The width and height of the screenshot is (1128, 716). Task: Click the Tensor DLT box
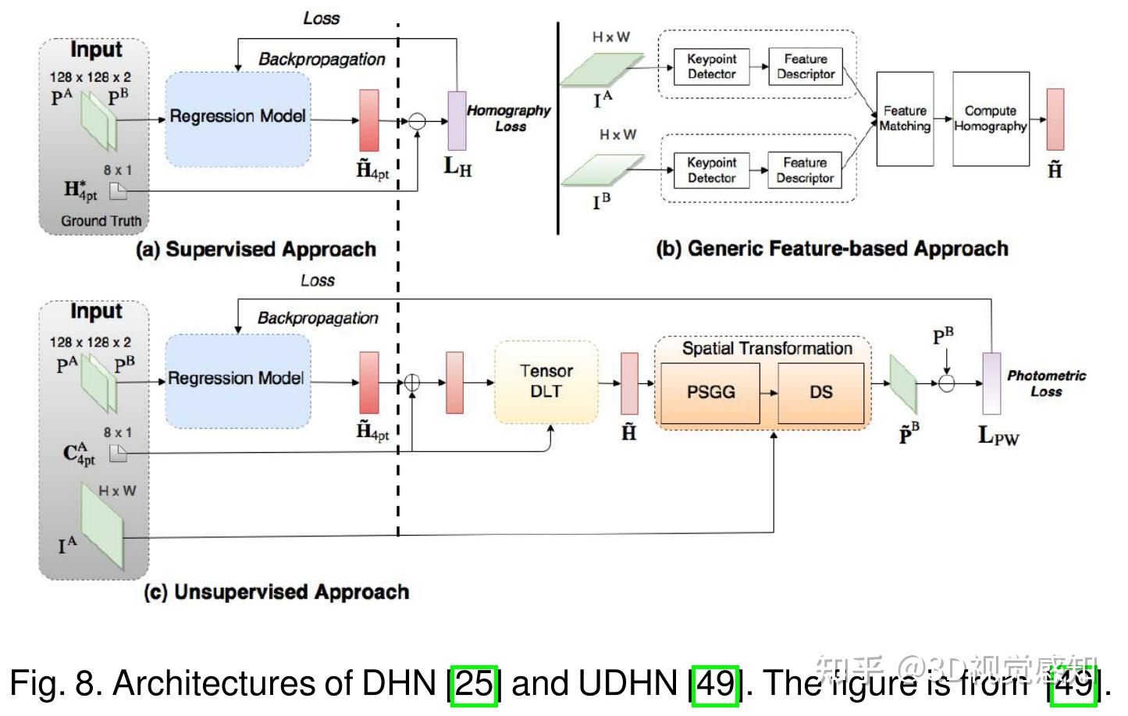pyautogui.click(x=546, y=382)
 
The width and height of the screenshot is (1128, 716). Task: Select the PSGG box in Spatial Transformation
pyautogui.click(x=710, y=392)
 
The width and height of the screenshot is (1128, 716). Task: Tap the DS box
pyautogui.click(x=820, y=392)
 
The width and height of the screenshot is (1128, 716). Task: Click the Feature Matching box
pyautogui.click(x=905, y=119)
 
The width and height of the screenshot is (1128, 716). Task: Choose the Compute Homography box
pyautogui.click(x=990, y=119)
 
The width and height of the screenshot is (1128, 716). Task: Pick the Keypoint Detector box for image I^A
pyautogui.click(x=711, y=66)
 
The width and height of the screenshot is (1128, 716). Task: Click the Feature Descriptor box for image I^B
pyautogui.click(x=805, y=170)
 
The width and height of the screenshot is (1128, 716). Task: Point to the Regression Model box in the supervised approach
pyautogui.click(x=238, y=117)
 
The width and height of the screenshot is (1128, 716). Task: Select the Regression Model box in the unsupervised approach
pyautogui.click(x=237, y=379)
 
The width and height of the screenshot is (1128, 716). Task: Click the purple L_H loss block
pyautogui.click(x=457, y=120)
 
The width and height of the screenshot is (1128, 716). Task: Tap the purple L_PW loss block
pyautogui.click(x=991, y=383)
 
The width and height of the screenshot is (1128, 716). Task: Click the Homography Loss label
pyautogui.click(x=509, y=118)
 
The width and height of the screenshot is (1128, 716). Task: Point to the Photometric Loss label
pyautogui.click(x=1046, y=383)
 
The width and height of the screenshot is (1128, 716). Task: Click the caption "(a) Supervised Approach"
pyautogui.click(x=256, y=250)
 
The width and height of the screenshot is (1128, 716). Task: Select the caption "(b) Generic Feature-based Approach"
pyautogui.click(x=832, y=249)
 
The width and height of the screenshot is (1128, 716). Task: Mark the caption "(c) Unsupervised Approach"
pyautogui.click(x=276, y=592)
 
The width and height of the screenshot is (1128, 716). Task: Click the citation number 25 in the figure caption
pyautogui.click(x=475, y=684)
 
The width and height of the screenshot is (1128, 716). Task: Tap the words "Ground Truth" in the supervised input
pyautogui.click(x=101, y=221)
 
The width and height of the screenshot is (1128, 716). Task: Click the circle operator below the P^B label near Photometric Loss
pyautogui.click(x=946, y=383)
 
